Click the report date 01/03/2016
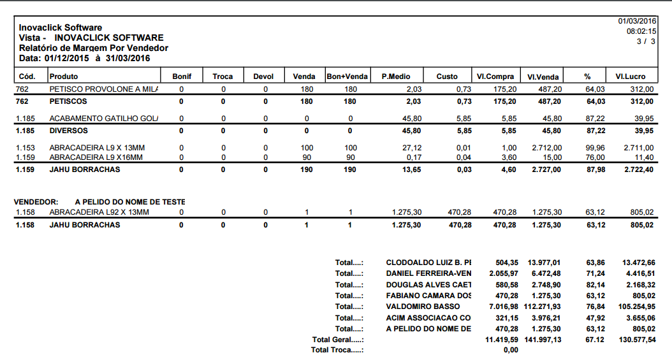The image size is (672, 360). point(638,21)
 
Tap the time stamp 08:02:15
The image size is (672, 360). point(641,31)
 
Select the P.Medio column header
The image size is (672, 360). point(395,76)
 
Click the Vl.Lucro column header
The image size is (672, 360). point(630,76)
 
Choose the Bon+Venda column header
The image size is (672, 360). point(347,76)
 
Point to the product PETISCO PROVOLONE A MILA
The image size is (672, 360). point(104,89)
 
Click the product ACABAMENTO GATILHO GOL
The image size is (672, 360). point(104,119)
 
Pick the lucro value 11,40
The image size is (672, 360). point(644,157)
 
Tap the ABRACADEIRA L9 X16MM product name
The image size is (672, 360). point(96,157)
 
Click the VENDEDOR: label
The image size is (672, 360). point(36,201)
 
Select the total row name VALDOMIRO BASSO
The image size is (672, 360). point(423,306)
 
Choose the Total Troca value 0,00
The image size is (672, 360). point(511,350)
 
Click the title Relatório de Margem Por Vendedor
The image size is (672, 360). point(93,48)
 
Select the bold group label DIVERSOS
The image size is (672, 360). point(68,131)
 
